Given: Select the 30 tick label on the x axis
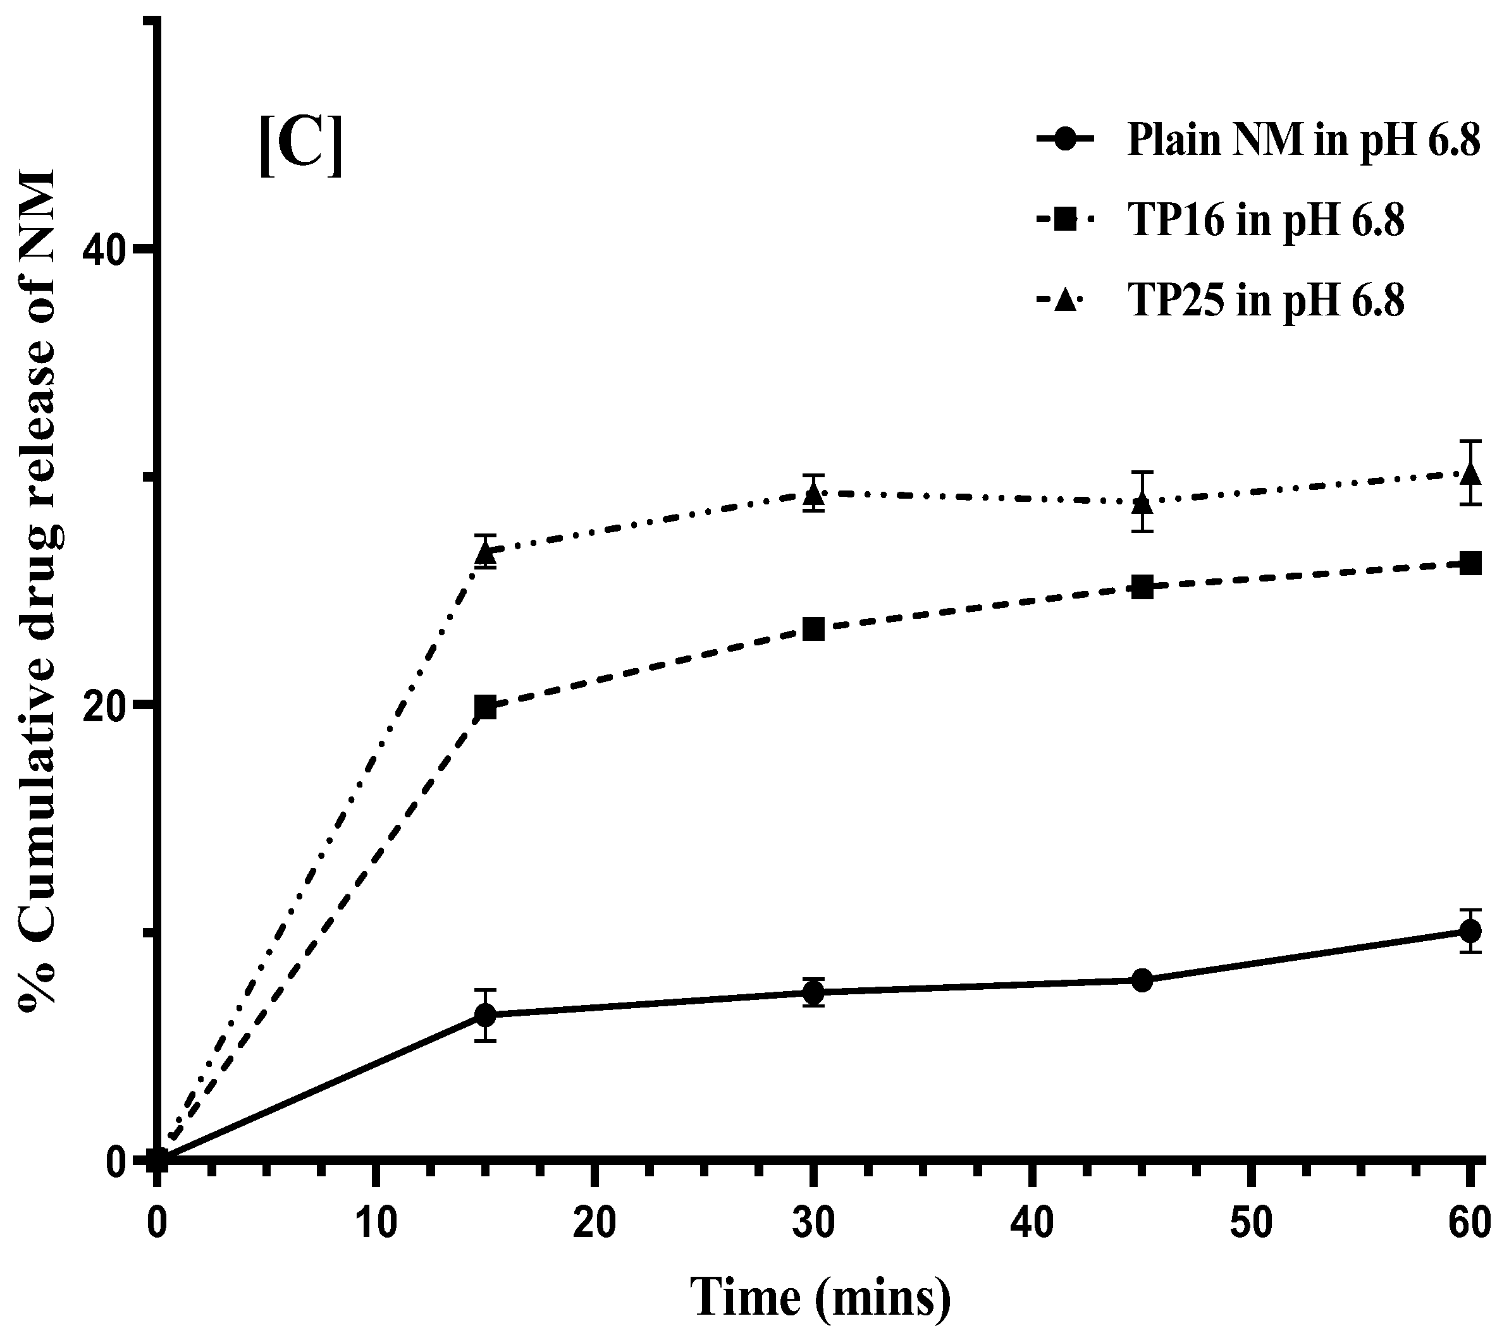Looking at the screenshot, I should point(813,1224).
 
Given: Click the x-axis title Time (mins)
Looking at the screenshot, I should point(820,1296).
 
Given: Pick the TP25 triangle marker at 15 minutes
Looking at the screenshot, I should point(485,552).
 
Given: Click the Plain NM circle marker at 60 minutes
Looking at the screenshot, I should point(1470,931).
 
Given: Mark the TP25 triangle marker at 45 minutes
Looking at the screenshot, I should point(1142,504).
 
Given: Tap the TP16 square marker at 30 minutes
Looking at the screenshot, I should point(813,630).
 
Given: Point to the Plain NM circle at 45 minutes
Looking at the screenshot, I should point(1142,980).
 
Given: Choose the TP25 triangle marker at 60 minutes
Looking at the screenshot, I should point(1470,473).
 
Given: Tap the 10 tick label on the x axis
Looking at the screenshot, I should point(376,1224).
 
